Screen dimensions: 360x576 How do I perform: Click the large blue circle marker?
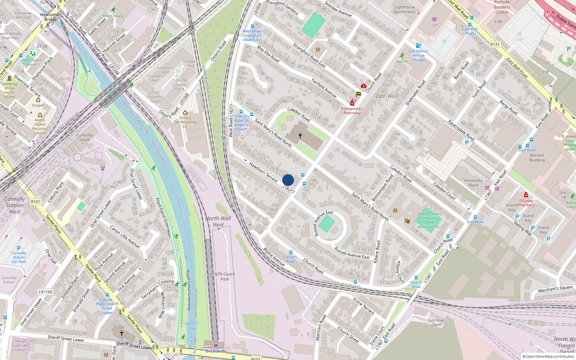pyautogui.click(x=288, y=180)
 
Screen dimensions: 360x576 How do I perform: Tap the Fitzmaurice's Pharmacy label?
pyautogui.click(x=352, y=111)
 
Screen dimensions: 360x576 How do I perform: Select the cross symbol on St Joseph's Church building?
pyautogui.click(x=300, y=135)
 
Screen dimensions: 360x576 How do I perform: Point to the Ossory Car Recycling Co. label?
pyautogui.click(x=185, y=122)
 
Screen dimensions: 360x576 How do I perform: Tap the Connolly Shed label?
pyautogui.click(x=85, y=138)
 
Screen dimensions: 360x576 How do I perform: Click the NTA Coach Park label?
pyautogui.click(x=225, y=276)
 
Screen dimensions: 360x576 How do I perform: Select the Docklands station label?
pyautogui.click(x=216, y=351)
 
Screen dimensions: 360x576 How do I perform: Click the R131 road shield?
pyautogui.click(x=495, y=45)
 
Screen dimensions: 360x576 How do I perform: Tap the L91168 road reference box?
pyautogui.click(x=45, y=292)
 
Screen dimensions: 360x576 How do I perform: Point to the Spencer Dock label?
pyautogui.click(x=192, y=325)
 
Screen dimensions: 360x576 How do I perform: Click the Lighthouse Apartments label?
pyautogui.click(x=405, y=9)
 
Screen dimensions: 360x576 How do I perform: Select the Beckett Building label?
pyautogui.click(x=537, y=158)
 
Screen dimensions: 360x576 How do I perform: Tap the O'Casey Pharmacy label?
pyautogui.click(x=526, y=203)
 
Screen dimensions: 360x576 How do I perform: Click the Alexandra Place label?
pyautogui.click(x=473, y=183)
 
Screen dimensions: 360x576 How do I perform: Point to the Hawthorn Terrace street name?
pyautogui.click(x=264, y=172)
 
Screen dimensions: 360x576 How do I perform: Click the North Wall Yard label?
pyautogui.click(x=218, y=221)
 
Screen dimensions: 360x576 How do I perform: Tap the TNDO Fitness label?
pyautogui.click(x=113, y=16)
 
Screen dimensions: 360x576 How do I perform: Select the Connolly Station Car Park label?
pyautogui.click(x=19, y=257)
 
